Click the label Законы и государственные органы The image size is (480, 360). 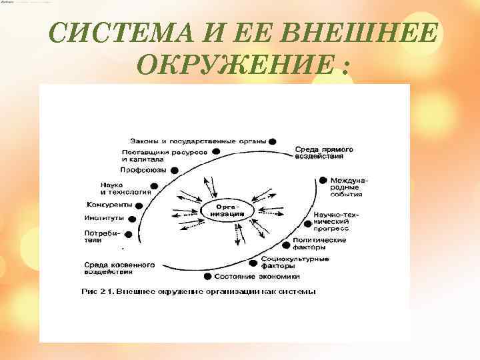click(x=197, y=141)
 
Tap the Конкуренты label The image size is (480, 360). click(x=109, y=204)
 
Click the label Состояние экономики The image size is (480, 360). click(x=257, y=276)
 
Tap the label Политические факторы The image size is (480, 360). click(x=319, y=243)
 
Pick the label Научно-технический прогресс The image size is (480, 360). click(x=336, y=221)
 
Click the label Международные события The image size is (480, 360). click(x=348, y=187)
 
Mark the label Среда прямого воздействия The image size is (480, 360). click(x=324, y=153)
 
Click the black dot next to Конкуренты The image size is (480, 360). click(x=140, y=205)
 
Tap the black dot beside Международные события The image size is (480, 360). click(x=323, y=180)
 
